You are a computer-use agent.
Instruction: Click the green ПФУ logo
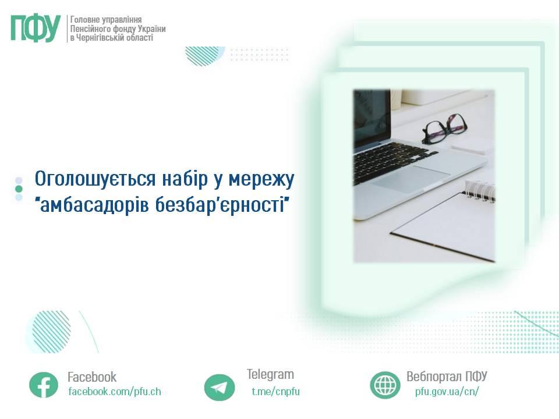[36, 29]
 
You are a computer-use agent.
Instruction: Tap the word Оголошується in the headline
[95, 179]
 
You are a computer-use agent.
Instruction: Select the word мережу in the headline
[261, 180]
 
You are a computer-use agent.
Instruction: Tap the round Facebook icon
[44, 385]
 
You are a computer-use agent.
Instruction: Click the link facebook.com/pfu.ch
[115, 392]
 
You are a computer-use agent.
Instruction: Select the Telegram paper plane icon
[220, 388]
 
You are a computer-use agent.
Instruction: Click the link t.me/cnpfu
[275, 392]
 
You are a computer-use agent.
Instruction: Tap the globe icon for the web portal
[385, 385]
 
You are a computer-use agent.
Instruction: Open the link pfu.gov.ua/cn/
[447, 392]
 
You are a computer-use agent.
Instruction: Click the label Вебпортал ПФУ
[447, 377]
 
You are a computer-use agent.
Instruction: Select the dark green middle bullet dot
[19, 189]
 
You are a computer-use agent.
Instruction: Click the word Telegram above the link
[270, 374]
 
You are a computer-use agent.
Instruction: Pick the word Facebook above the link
[92, 377]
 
